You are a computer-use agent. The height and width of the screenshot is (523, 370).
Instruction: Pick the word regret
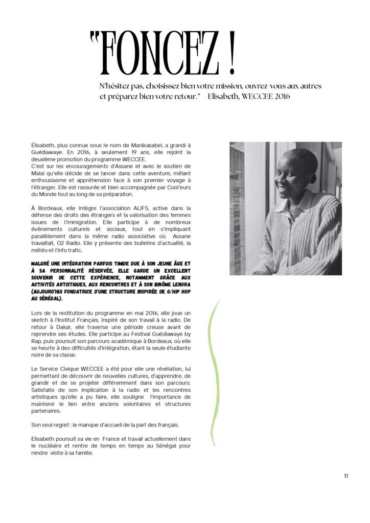(65, 424)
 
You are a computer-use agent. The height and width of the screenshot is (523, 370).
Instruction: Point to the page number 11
(346, 476)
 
